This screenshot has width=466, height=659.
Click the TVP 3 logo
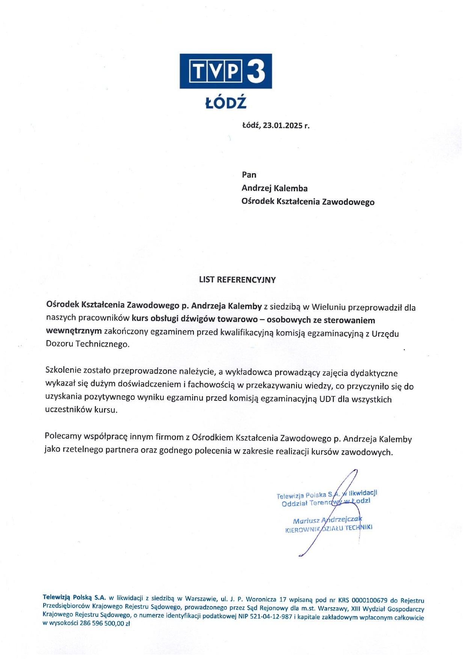point(225,71)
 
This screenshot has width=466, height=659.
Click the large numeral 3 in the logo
point(256,71)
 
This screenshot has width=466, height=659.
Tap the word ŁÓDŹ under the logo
point(226,103)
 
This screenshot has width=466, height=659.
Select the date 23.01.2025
point(282,125)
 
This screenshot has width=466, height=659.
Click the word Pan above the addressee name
point(249,175)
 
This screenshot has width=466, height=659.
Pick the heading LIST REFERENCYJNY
point(237,280)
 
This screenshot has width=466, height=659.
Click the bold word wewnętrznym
point(74,331)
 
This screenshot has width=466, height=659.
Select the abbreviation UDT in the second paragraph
point(327,399)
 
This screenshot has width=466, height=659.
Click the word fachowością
point(211,384)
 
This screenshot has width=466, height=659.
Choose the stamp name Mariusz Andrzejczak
point(327,520)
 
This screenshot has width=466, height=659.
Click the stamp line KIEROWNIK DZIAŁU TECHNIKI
point(329,528)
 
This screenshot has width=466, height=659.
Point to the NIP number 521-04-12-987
point(265,617)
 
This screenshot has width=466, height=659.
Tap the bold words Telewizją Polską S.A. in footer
point(74,597)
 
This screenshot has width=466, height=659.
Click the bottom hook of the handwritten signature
point(301,555)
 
